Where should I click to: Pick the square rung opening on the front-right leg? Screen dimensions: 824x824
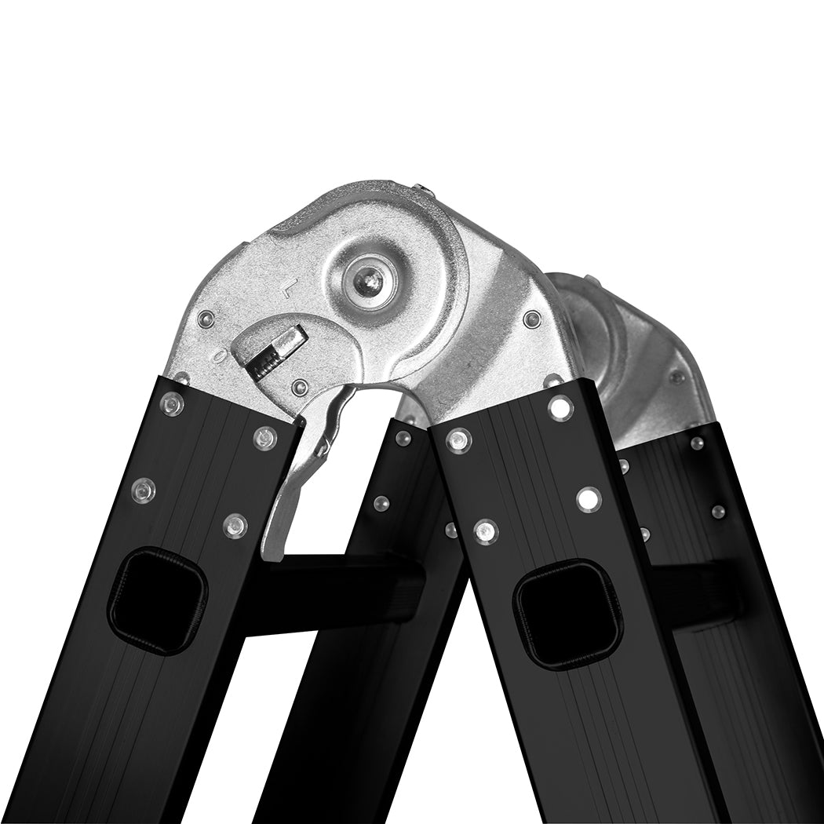point(567,614)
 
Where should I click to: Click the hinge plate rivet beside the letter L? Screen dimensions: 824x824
point(206,319)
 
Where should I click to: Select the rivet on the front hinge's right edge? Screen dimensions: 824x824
point(532,319)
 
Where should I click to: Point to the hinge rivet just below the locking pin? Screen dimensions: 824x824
point(299,388)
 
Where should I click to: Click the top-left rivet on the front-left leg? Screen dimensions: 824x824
point(172,405)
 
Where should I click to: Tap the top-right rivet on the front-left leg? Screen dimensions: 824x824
point(265,437)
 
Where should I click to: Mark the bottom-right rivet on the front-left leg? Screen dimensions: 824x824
point(235,525)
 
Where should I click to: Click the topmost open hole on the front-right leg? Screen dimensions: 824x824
point(560,407)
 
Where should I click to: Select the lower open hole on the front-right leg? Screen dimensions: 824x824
point(588,498)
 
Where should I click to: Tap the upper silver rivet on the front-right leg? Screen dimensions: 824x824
point(458,439)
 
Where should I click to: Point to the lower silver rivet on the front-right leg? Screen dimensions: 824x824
point(485,531)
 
